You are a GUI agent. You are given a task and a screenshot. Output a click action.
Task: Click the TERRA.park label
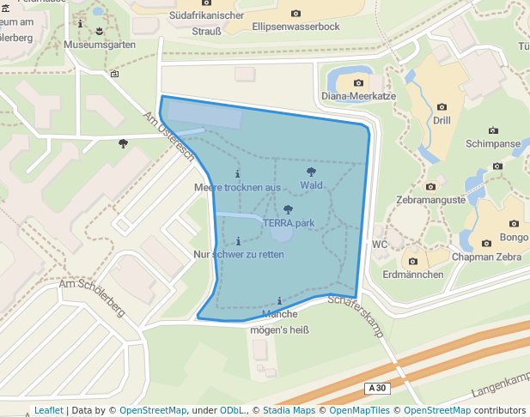coord(289,223)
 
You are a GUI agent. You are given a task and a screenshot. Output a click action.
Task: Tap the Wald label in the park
coord(311,185)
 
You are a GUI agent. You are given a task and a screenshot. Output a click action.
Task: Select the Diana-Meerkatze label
coord(358,96)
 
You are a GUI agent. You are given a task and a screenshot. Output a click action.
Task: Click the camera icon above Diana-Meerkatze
coord(358,82)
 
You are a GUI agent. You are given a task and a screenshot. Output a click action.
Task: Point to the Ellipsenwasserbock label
coord(296,27)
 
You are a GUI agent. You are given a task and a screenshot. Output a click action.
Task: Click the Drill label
coord(442,121)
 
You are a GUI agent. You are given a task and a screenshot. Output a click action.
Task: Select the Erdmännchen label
coord(413,275)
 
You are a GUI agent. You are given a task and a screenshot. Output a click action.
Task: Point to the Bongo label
coord(514,237)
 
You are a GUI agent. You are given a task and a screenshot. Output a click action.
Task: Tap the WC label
coord(381,244)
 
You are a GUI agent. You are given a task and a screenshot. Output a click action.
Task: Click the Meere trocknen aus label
coord(238,187)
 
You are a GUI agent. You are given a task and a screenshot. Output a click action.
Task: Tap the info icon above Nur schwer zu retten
coord(238,240)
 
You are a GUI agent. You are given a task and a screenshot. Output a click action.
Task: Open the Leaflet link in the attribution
coord(48,410)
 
